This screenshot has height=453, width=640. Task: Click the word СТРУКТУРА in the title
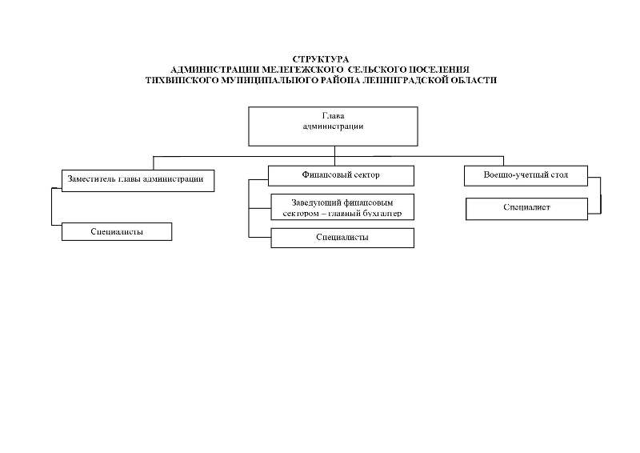(321, 59)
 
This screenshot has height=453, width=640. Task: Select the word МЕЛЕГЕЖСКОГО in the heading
(302, 70)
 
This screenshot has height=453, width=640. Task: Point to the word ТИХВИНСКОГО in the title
(182, 80)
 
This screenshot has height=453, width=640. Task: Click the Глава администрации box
(333, 126)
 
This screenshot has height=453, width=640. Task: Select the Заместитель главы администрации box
(138, 181)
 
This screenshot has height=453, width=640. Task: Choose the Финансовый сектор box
(341, 175)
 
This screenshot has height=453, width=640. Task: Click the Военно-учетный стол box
(526, 175)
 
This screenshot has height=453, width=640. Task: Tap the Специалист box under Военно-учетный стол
(526, 209)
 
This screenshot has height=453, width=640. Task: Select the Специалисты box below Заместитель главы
(117, 231)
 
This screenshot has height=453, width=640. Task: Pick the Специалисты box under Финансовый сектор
(342, 238)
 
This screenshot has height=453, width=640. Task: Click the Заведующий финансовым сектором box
(342, 207)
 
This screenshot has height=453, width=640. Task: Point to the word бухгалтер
(382, 213)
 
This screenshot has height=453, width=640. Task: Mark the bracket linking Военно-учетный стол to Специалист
(601, 195)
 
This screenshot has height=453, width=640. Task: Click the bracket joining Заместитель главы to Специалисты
(52, 206)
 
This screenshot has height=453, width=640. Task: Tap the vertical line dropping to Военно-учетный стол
(503, 161)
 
